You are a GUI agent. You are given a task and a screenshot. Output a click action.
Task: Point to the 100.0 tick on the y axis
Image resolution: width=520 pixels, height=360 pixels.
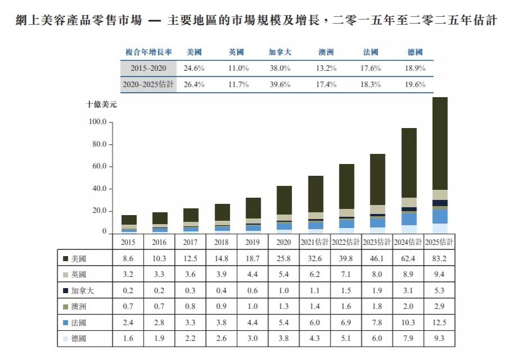point(98,122)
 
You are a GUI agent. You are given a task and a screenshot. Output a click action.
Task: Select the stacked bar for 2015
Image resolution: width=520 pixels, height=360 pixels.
point(129,224)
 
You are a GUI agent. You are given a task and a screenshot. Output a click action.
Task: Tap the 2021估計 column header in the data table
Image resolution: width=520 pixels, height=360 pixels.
point(315,242)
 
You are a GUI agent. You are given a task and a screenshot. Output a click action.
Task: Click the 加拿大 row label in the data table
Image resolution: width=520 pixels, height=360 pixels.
point(82,291)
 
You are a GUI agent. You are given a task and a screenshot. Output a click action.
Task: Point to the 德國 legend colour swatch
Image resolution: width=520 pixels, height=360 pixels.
point(66,339)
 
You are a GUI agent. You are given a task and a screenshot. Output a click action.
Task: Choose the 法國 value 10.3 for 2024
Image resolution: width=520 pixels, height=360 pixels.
point(409,323)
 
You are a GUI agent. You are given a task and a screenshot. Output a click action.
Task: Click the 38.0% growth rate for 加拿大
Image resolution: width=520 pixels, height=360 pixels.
point(279,68)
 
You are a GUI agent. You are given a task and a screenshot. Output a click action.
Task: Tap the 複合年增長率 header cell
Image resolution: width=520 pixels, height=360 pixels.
point(148,52)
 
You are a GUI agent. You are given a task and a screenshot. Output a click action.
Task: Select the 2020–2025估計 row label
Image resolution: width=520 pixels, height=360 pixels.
point(148,84)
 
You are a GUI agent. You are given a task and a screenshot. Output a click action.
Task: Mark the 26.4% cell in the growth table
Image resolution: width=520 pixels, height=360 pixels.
point(194,84)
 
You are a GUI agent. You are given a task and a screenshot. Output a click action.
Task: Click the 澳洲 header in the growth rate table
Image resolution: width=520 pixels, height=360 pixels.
point(326,52)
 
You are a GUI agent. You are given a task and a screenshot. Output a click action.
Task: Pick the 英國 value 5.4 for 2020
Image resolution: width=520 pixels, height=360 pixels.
point(284,275)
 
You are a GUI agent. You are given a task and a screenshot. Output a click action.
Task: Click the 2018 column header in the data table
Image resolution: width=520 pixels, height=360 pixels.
point(222,242)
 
